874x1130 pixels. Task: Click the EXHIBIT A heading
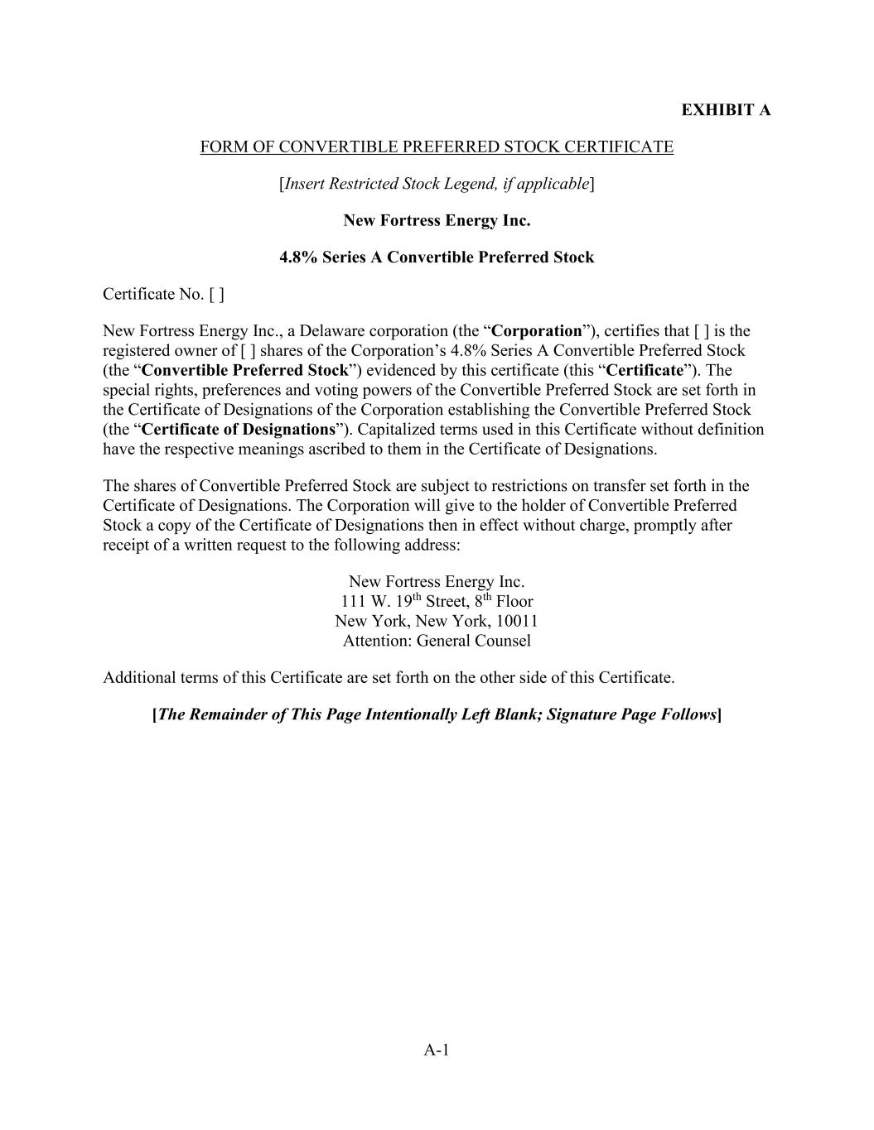click(x=725, y=110)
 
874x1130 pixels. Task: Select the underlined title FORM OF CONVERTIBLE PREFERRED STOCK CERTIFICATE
click(x=437, y=147)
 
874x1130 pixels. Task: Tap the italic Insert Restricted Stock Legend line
click(x=437, y=184)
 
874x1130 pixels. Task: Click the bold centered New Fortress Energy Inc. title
click(x=437, y=221)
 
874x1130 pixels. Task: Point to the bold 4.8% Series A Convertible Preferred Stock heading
click(x=437, y=257)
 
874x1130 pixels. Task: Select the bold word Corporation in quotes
click(x=537, y=331)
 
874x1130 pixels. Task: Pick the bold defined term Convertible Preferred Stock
click(x=244, y=370)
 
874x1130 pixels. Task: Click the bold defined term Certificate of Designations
click(x=238, y=430)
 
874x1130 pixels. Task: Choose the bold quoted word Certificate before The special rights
click(x=645, y=370)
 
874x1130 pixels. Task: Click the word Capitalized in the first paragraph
click(x=393, y=430)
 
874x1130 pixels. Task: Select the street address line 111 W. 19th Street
click(x=437, y=602)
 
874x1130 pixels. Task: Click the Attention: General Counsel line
click(x=437, y=641)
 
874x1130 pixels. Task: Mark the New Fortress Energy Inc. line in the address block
click(x=437, y=582)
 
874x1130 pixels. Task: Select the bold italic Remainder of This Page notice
click(x=437, y=714)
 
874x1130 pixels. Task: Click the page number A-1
click(x=437, y=1051)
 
